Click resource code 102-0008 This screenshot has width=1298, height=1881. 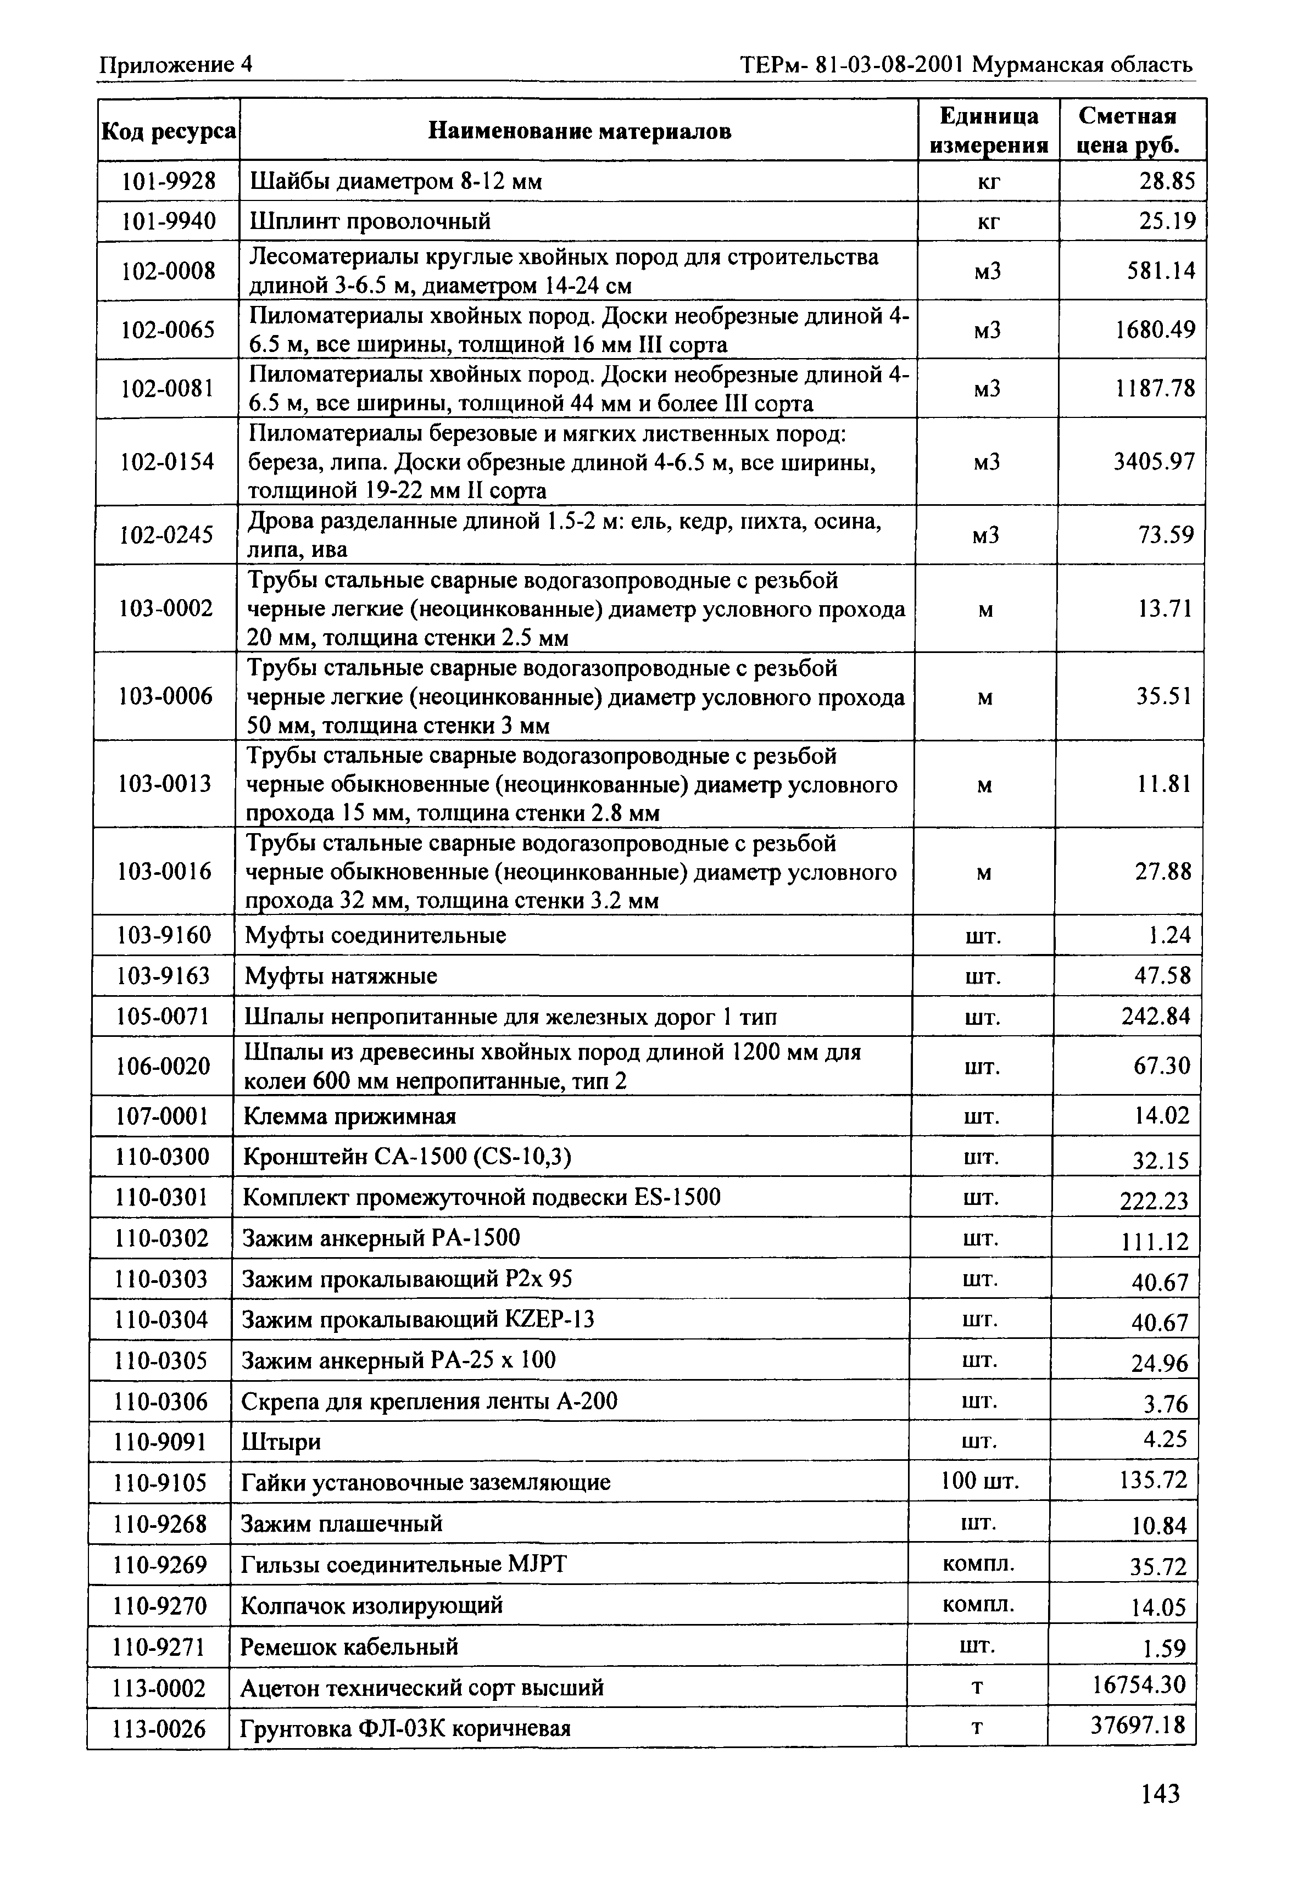[x=168, y=271]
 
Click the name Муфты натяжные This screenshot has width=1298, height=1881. [x=341, y=975]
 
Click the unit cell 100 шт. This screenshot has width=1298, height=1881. [x=979, y=1481]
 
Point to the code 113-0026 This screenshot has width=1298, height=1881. [x=159, y=1727]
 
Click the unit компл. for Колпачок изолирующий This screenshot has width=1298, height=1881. [x=978, y=1605]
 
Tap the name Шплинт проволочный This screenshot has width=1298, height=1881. [x=370, y=221]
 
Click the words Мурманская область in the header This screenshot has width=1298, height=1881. [x=1083, y=64]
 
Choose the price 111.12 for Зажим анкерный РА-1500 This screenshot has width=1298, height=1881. [x=1154, y=1241]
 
